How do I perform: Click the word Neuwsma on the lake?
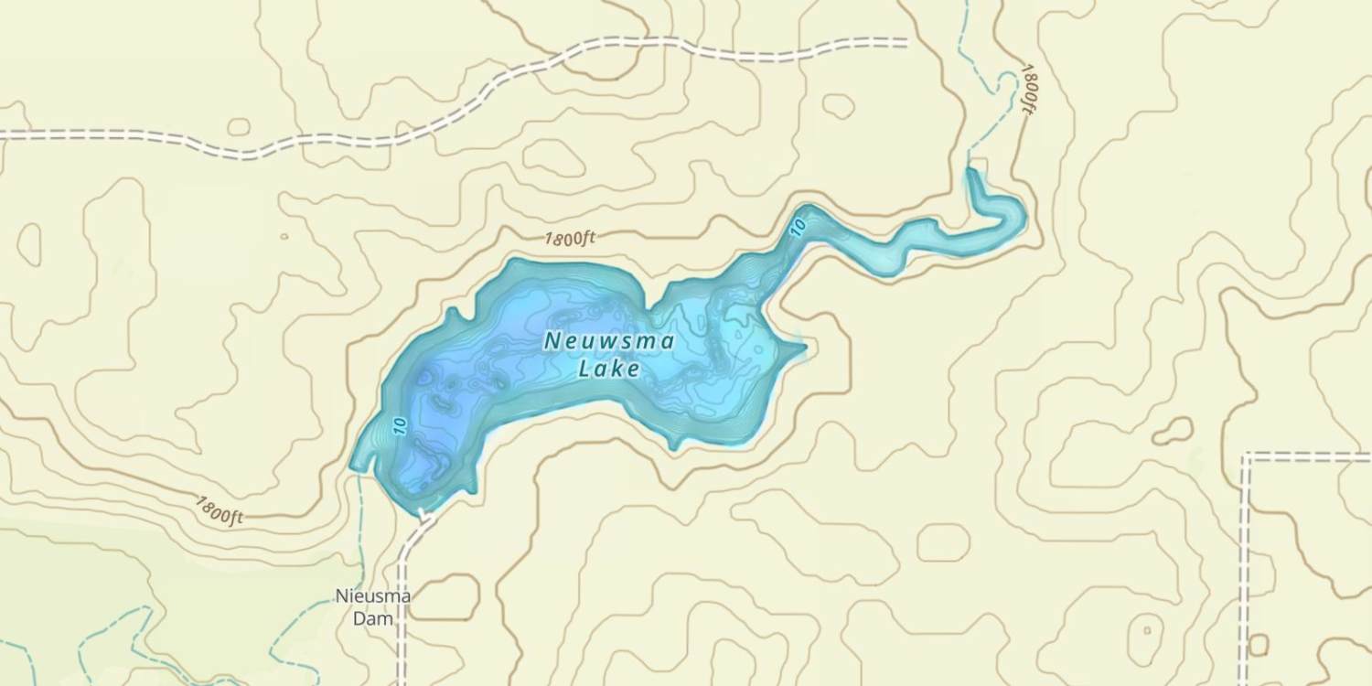609,342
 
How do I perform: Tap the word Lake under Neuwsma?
609,370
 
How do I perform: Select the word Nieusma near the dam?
373,597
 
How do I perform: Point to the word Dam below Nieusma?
373,618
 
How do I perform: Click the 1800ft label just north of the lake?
569,240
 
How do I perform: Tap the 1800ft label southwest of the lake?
220,509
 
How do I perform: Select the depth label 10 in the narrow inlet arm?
798,226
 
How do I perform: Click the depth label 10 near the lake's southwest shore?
399,426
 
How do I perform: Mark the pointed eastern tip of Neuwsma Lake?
805,346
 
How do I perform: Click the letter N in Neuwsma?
552,341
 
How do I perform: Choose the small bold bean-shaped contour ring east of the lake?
1174,430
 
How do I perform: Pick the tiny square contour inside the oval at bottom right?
1146,630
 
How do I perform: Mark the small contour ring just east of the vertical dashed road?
1259,645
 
